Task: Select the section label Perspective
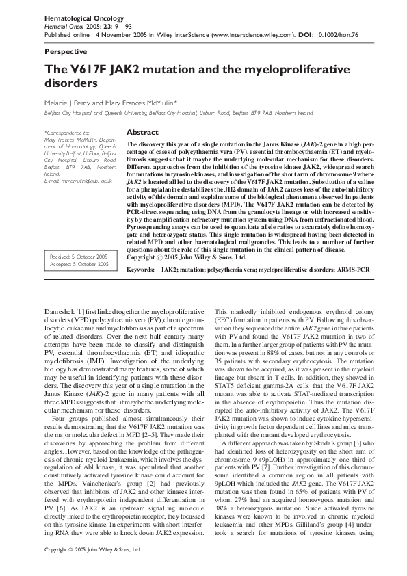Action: point(65,51)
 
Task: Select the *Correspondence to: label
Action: point(66,132)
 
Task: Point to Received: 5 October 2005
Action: point(79,256)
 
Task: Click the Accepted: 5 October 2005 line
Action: point(79,263)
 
